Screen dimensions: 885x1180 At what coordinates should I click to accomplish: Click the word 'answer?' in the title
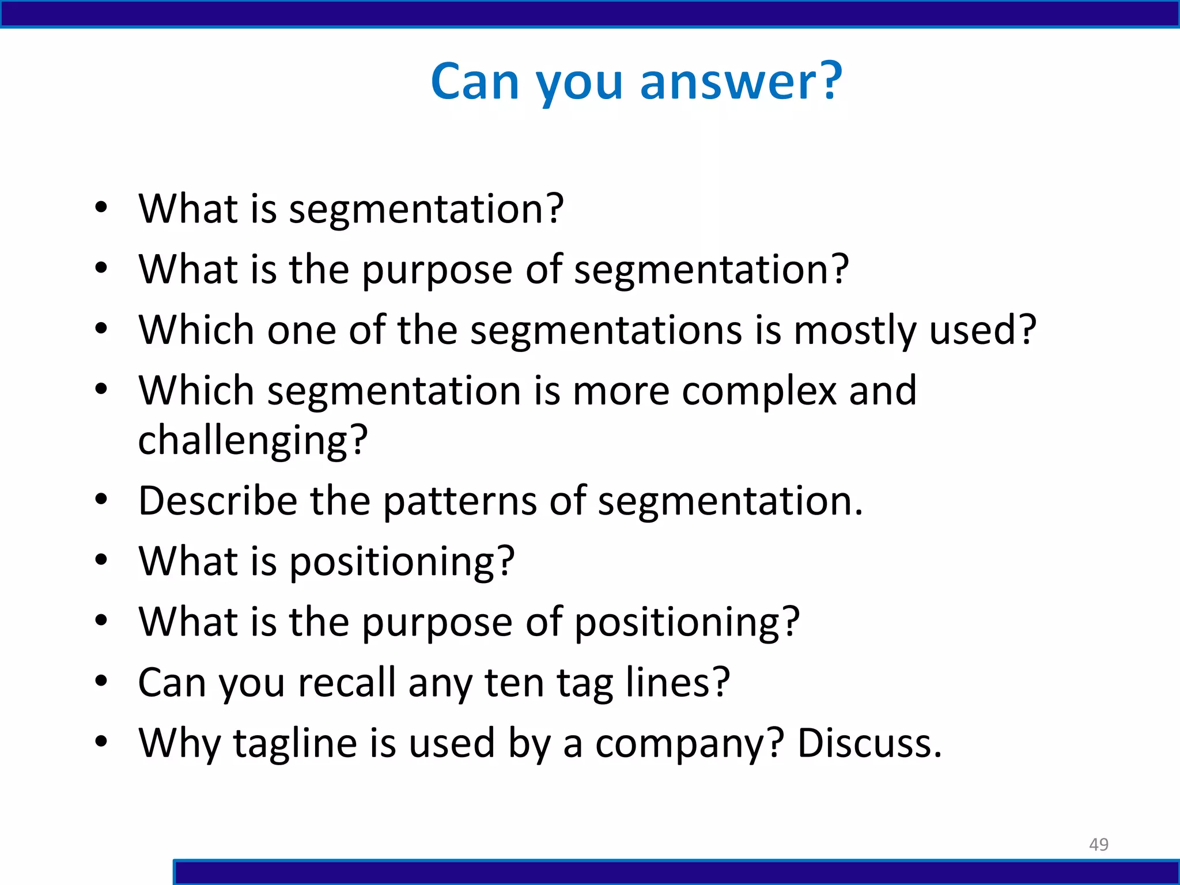[x=741, y=82]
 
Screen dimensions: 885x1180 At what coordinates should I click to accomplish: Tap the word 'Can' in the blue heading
[x=475, y=82]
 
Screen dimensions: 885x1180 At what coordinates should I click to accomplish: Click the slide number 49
[x=1098, y=844]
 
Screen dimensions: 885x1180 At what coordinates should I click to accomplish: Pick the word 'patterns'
[x=460, y=501]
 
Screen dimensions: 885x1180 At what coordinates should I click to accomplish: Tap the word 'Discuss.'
[x=869, y=743]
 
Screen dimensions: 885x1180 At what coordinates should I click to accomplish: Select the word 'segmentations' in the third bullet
[x=606, y=332]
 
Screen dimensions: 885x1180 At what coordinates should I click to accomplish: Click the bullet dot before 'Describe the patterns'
[x=101, y=500]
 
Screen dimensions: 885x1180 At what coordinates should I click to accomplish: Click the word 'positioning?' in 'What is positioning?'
[x=402, y=562]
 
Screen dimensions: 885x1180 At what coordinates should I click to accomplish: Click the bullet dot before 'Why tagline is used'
[x=101, y=742]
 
